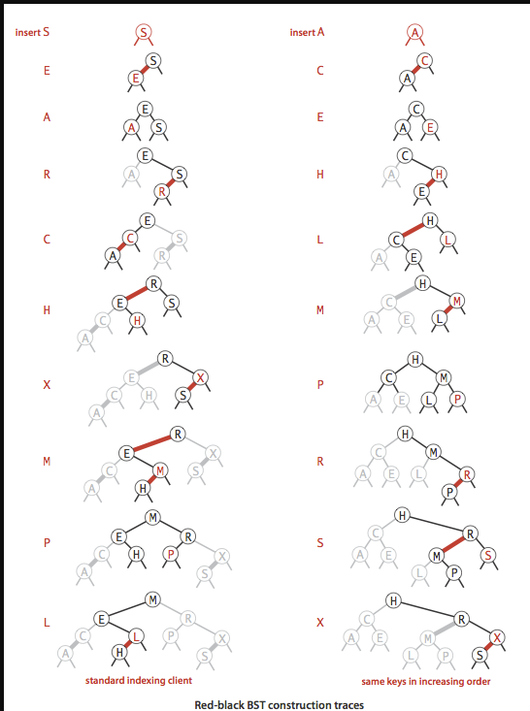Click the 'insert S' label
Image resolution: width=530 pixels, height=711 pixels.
(32, 32)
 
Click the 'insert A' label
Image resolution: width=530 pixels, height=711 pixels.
(307, 32)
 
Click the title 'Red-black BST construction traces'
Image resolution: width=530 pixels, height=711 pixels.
(264, 703)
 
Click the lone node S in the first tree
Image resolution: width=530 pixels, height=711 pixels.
(144, 32)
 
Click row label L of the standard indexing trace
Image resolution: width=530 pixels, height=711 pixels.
(46, 623)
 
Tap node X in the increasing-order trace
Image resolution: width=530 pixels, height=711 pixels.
(496, 635)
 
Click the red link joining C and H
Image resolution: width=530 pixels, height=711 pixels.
(411, 230)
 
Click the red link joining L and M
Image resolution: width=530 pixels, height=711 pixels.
(447, 311)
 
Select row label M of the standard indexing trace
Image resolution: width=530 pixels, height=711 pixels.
(46, 462)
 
